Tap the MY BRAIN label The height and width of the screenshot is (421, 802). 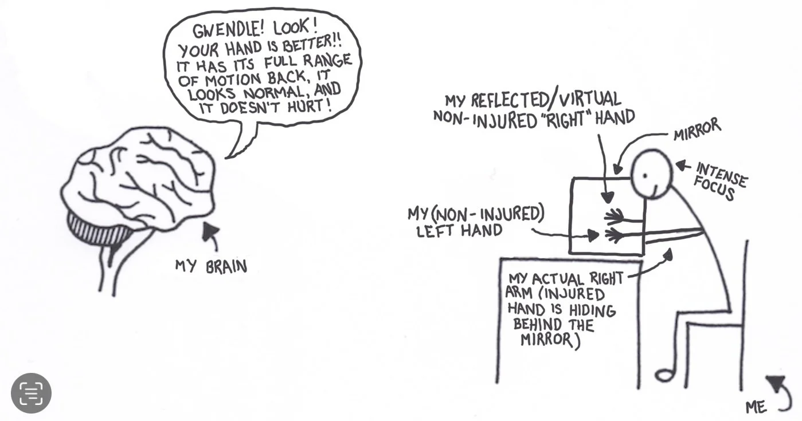pos(211,266)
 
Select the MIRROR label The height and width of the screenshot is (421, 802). pos(697,130)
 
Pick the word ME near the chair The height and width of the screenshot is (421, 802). pos(756,407)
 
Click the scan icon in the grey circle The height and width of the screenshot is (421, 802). pos(31,393)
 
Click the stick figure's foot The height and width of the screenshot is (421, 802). pos(665,375)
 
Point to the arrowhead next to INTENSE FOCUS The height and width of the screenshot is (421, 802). pos(680,165)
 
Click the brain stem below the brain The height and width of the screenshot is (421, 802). pos(115,263)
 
